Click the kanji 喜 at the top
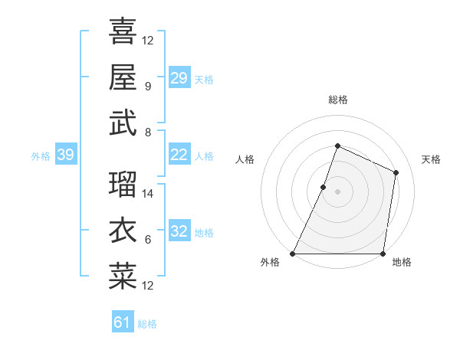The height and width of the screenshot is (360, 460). coord(123,32)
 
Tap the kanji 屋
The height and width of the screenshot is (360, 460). coord(123,77)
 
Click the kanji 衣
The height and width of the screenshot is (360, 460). coord(123,231)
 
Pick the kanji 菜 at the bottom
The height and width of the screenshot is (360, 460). coord(123,277)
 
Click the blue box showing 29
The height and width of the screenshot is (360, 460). coord(179,78)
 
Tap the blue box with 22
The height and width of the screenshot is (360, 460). coord(179,155)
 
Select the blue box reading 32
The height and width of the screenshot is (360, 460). coord(179,231)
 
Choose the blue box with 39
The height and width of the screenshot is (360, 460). coord(65,155)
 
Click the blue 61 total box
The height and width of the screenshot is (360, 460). coord(122,322)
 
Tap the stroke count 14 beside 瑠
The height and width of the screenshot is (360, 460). coord(148,194)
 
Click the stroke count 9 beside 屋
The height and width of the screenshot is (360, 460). coord(147,86)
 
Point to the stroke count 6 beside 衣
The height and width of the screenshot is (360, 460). coord(147,240)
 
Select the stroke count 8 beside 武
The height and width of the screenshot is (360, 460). coord(147,132)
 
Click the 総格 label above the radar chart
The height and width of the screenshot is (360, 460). coord(337,100)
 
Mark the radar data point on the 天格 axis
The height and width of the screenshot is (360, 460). coord(396,172)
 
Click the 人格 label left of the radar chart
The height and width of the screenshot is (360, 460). coord(245,159)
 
